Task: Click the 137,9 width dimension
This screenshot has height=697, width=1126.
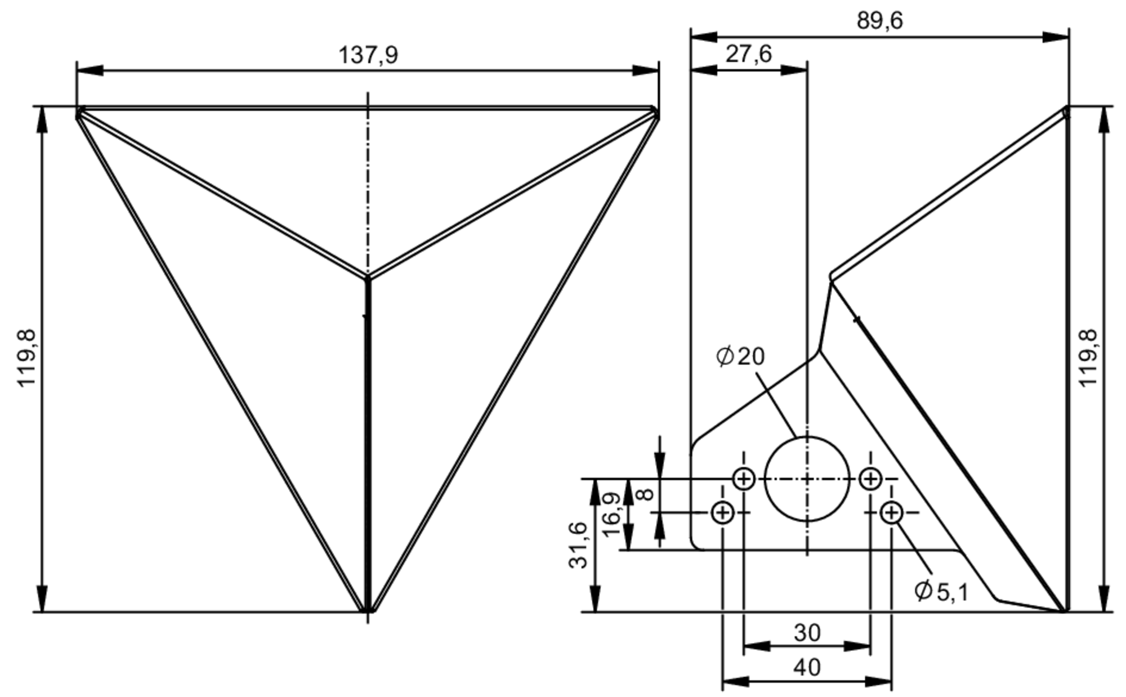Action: [368, 55]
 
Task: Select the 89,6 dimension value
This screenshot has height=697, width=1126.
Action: [879, 21]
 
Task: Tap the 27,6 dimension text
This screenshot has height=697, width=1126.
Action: [748, 54]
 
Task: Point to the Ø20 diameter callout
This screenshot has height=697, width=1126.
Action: [740, 356]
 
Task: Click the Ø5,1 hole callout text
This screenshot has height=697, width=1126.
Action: [941, 591]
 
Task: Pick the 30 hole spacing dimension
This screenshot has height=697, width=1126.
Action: [807, 633]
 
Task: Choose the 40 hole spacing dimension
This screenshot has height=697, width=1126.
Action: [807, 668]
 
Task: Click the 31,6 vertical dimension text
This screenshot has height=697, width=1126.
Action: [578, 545]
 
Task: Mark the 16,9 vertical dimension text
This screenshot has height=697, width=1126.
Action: [611, 515]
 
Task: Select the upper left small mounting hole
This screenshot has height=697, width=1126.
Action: [744, 479]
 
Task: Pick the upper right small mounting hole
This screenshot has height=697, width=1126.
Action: [870, 479]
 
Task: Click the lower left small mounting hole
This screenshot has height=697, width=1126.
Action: [722, 512]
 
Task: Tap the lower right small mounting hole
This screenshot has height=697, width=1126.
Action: [891, 512]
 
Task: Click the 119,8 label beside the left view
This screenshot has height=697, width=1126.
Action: [26, 358]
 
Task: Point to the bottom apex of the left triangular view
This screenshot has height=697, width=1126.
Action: [368, 610]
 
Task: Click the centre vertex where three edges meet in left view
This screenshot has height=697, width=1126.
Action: [368, 277]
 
